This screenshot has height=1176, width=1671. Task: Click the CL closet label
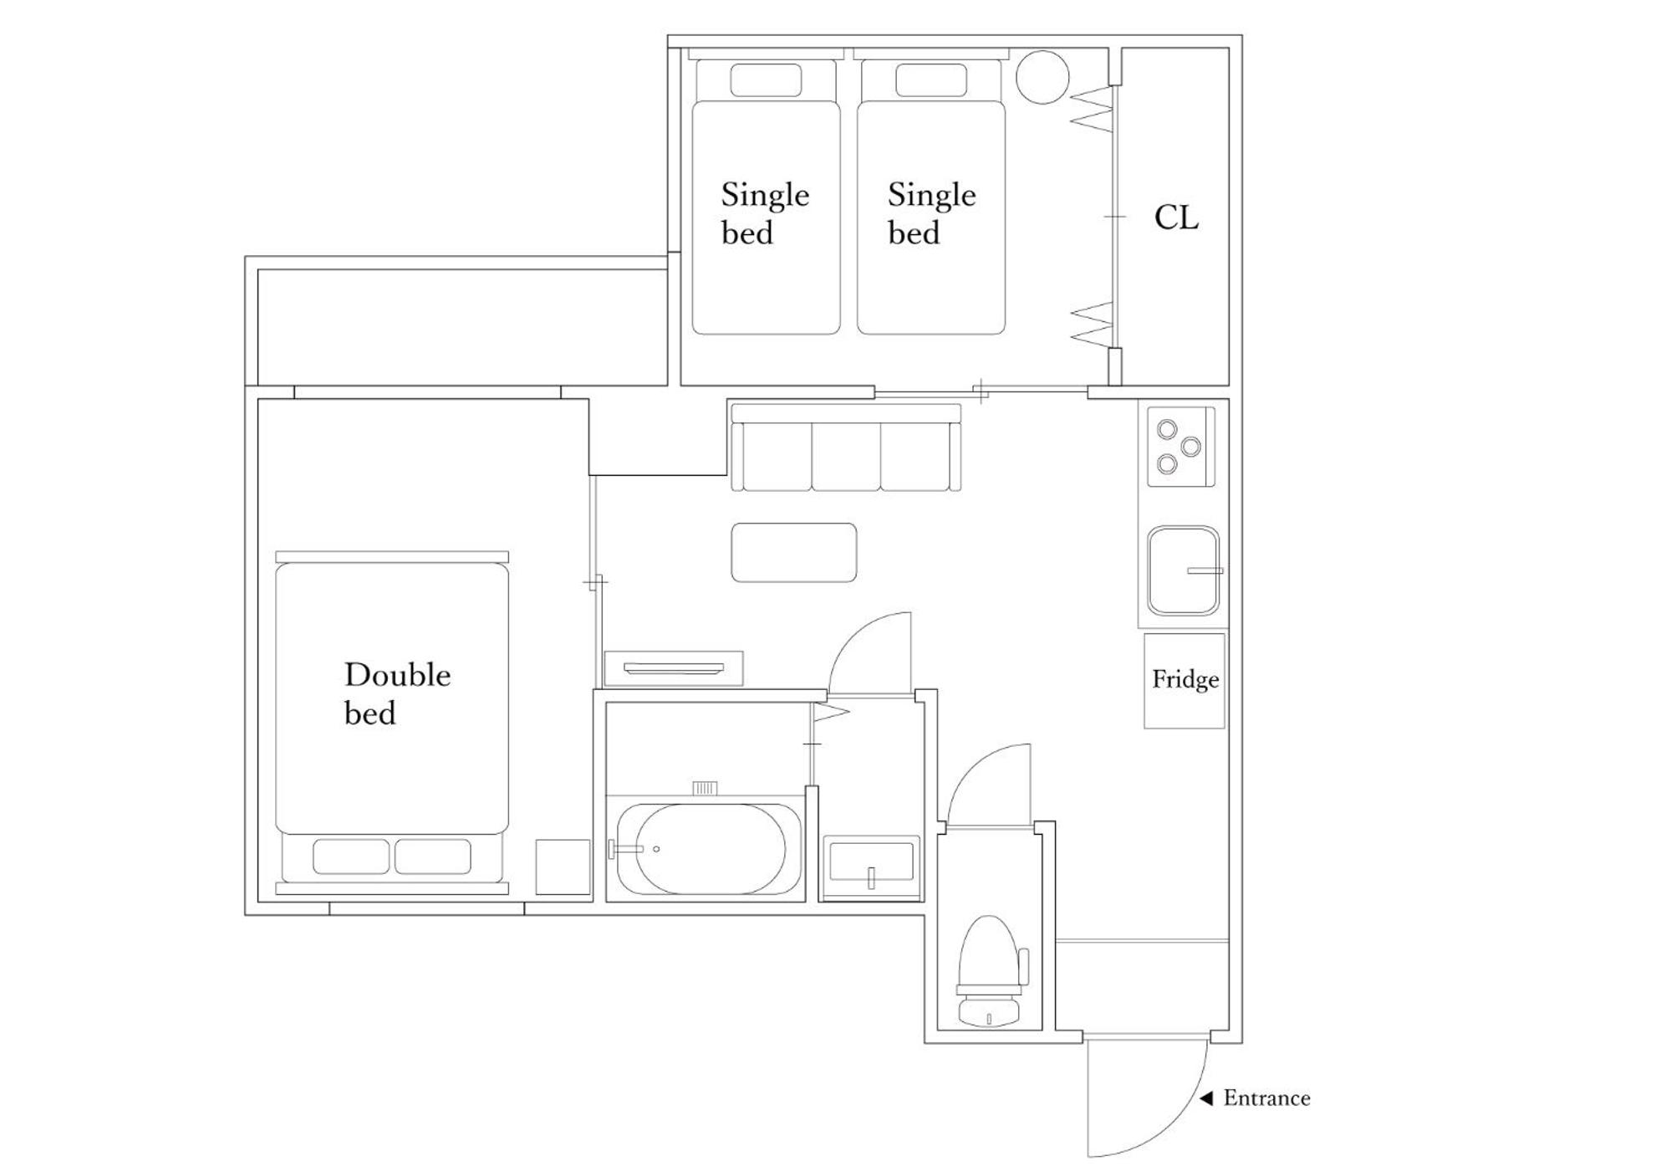coord(1176,217)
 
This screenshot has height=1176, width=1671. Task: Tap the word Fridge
coord(1185,679)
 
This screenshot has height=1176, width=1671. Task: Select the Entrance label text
coord(1266,1097)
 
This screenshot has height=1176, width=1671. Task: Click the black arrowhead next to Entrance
coord(1206,1098)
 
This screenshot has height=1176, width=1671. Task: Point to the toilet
coord(990,971)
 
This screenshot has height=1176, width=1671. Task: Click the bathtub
coord(702,849)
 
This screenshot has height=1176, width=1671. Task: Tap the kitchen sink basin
coord(1183,570)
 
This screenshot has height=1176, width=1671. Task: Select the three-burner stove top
coord(1180,446)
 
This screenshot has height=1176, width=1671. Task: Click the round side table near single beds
coord(1042,77)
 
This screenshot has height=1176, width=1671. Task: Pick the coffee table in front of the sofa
coord(794,552)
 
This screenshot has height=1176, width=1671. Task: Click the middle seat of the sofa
coord(845,457)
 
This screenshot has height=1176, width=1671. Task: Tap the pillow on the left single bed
coord(766,80)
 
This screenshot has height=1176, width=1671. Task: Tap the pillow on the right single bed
coord(931,80)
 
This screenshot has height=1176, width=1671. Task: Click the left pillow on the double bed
coord(351,856)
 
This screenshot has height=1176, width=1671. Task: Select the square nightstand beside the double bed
coord(563,867)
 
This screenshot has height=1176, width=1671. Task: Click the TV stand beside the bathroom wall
coord(674,668)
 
